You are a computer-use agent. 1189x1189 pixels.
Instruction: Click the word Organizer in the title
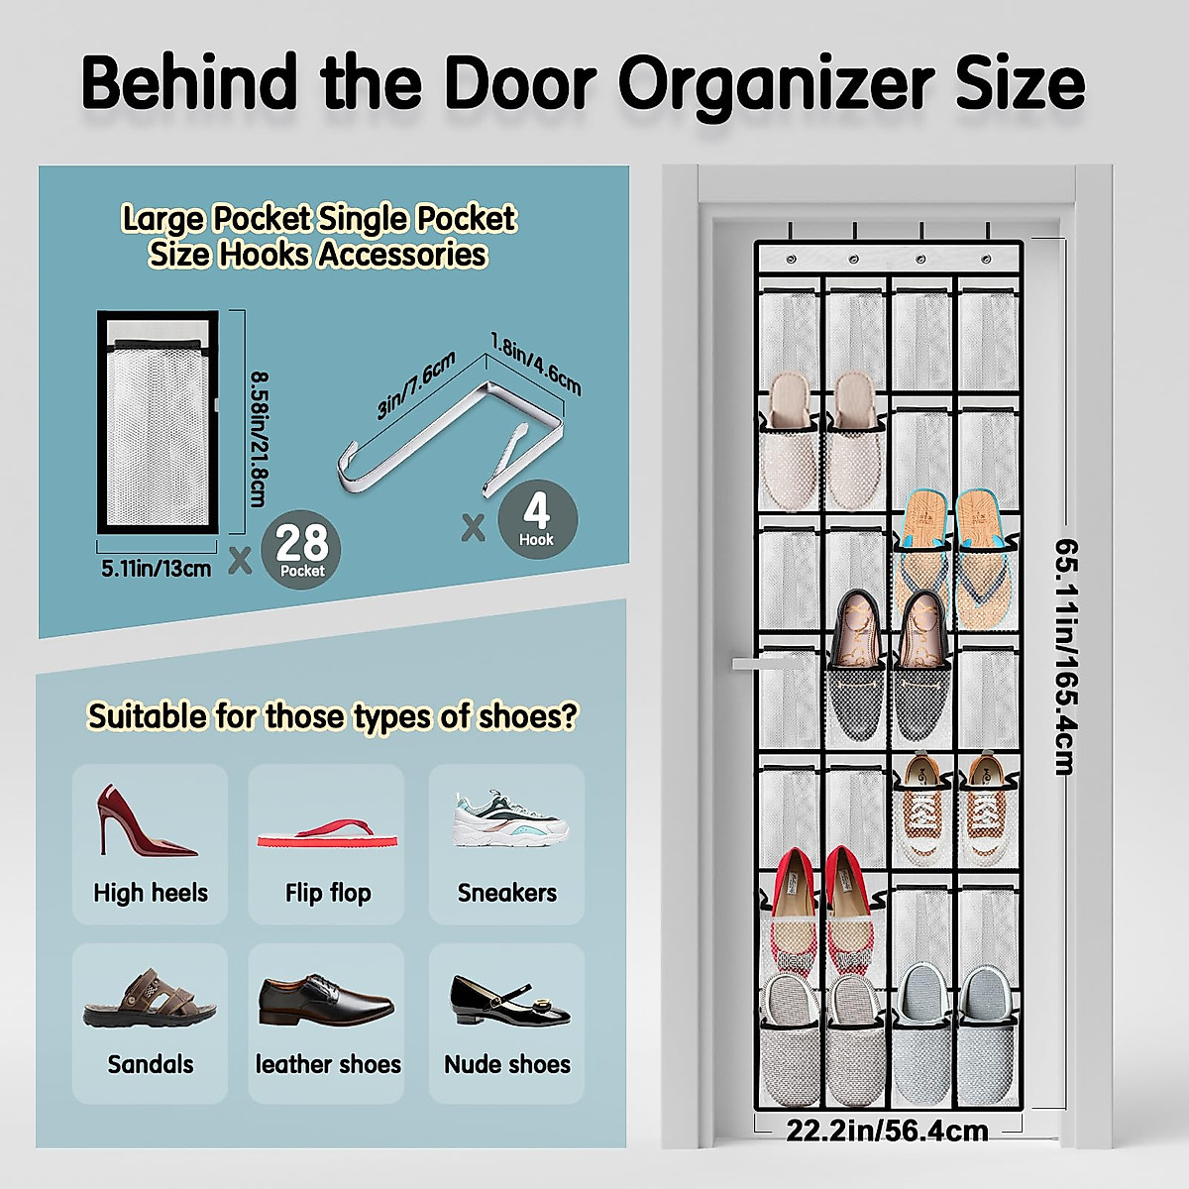(775, 84)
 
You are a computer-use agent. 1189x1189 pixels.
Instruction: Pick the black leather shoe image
(326, 1000)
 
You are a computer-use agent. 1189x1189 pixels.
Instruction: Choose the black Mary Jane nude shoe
(508, 1000)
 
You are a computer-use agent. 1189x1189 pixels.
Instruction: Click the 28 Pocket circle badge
(301, 548)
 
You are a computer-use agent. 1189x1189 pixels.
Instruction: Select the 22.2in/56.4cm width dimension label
(887, 1131)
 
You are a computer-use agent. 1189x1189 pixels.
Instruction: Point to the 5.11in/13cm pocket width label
(157, 569)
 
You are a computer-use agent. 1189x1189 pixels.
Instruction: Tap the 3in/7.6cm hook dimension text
(416, 385)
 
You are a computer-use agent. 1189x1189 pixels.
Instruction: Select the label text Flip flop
(328, 893)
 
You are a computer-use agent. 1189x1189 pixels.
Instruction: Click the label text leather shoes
(328, 1064)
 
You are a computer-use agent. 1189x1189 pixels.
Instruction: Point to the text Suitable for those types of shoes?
(332, 715)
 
